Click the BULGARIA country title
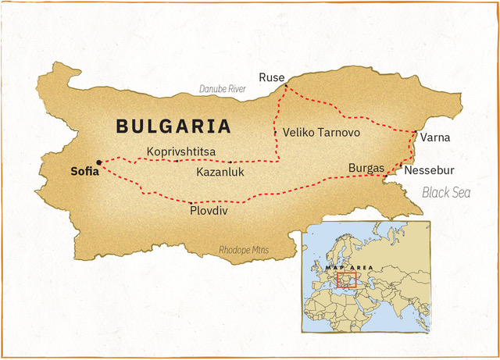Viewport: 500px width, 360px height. pyautogui.click(x=173, y=126)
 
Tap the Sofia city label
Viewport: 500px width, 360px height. pyautogui.click(x=85, y=172)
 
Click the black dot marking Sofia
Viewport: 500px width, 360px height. pyautogui.click(x=98, y=162)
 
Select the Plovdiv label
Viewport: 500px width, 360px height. pyautogui.click(x=209, y=211)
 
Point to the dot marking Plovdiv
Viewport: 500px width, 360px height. pyautogui.click(x=191, y=202)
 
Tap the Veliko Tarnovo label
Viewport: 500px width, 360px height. pyautogui.click(x=321, y=133)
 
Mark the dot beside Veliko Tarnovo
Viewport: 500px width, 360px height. pyautogui.click(x=275, y=133)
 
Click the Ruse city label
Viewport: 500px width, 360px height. pyautogui.click(x=272, y=77)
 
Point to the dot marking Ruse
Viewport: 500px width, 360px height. pyautogui.click(x=286, y=85)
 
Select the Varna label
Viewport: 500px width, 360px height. pyautogui.click(x=434, y=137)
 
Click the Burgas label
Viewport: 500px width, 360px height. pyautogui.click(x=366, y=168)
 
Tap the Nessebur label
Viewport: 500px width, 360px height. pyautogui.click(x=429, y=170)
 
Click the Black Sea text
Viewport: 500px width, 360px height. pyautogui.click(x=447, y=192)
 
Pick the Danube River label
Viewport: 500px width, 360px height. pyautogui.click(x=223, y=89)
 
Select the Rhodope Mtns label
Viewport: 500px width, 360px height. pyautogui.click(x=243, y=250)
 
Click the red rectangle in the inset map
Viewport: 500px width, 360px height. pyautogui.click(x=345, y=279)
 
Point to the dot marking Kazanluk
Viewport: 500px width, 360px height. pyautogui.click(x=230, y=162)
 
